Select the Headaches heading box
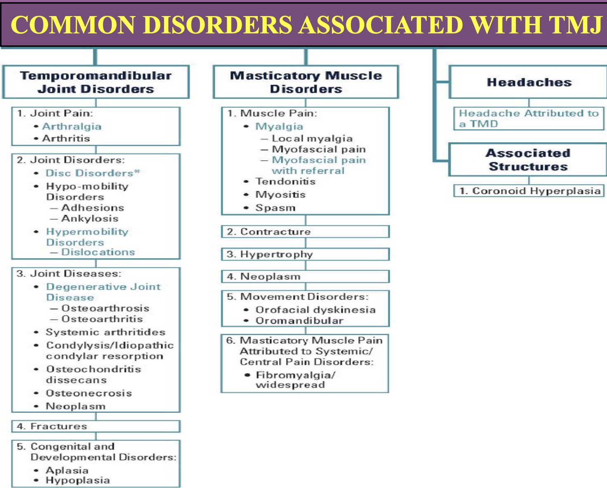click(529, 82)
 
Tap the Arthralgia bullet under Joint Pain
click(72, 127)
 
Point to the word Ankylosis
click(89, 218)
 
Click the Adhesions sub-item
click(92, 208)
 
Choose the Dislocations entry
click(98, 252)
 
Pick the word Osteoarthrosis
click(105, 308)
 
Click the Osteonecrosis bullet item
click(89, 393)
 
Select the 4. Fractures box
click(96, 426)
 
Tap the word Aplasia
click(67, 470)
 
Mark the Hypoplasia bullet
click(78, 481)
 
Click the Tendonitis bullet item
click(285, 181)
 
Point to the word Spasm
click(275, 208)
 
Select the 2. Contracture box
click(305, 232)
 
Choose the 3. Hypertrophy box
click(305, 254)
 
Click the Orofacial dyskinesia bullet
click(315, 310)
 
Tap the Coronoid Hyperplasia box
click(529, 191)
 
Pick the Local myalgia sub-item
click(312, 138)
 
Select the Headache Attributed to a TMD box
click(529, 118)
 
